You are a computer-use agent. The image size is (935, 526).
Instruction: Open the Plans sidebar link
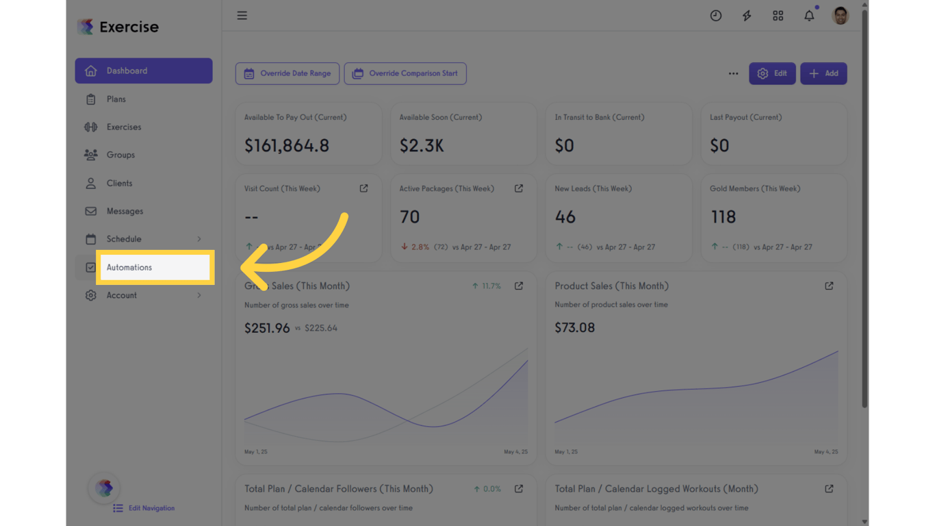click(116, 99)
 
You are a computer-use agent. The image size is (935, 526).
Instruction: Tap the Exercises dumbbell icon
click(90, 127)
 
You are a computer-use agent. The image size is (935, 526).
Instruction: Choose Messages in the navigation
click(125, 211)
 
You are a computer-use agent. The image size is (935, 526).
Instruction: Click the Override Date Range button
click(287, 73)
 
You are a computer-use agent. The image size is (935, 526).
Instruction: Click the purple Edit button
click(772, 73)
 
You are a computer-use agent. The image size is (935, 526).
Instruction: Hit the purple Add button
click(823, 73)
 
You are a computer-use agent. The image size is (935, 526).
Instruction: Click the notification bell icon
click(809, 16)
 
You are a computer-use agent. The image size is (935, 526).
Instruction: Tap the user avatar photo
click(841, 16)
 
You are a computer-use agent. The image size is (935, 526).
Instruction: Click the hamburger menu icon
click(242, 16)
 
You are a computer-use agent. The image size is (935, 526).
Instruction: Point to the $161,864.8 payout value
click(287, 145)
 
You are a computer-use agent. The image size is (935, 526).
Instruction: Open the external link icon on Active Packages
click(519, 188)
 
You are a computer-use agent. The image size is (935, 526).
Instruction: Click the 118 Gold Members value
click(723, 217)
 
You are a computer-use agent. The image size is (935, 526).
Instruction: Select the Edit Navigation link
click(151, 508)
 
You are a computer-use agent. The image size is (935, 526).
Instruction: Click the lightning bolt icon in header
click(747, 16)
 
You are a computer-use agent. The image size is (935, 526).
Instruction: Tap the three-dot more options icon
click(733, 73)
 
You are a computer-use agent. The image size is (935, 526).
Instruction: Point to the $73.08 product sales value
click(575, 327)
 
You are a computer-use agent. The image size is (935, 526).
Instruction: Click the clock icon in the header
click(716, 16)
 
